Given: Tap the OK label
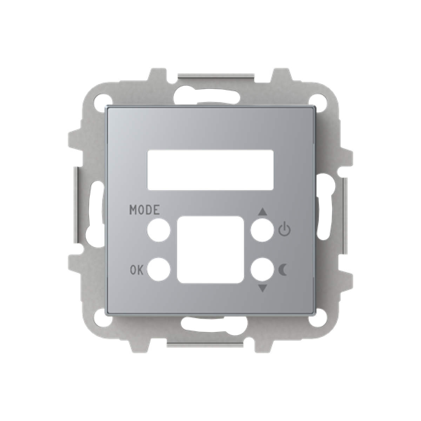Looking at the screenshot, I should tap(136, 270).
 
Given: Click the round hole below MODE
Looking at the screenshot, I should tap(158, 230).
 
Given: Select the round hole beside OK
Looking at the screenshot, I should tap(158, 269).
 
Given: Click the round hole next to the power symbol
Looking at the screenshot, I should tap(262, 230).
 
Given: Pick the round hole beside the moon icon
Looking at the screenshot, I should tap(262, 269).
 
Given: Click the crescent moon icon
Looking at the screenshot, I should tap(283, 269).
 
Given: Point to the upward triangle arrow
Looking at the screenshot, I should tap(262, 212).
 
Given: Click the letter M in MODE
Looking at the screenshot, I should tap(134, 210).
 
